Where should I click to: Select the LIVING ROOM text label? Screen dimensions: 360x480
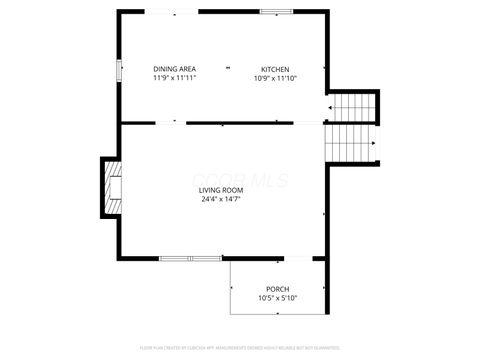point(219,189)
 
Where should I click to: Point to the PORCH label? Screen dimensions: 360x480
point(277,288)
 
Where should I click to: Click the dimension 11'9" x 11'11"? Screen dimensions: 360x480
point(174,78)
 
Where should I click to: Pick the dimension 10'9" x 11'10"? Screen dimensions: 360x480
point(275,78)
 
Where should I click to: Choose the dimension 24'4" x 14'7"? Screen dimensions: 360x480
point(219,199)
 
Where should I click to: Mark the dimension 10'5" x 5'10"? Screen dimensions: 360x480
point(277,298)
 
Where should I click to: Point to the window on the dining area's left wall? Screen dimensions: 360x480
point(119,71)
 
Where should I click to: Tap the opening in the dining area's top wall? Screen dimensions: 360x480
point(172,12)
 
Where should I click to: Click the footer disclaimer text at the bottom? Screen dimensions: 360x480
point(240,347)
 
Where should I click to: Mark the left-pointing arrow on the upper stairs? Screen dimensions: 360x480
point(330,107)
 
